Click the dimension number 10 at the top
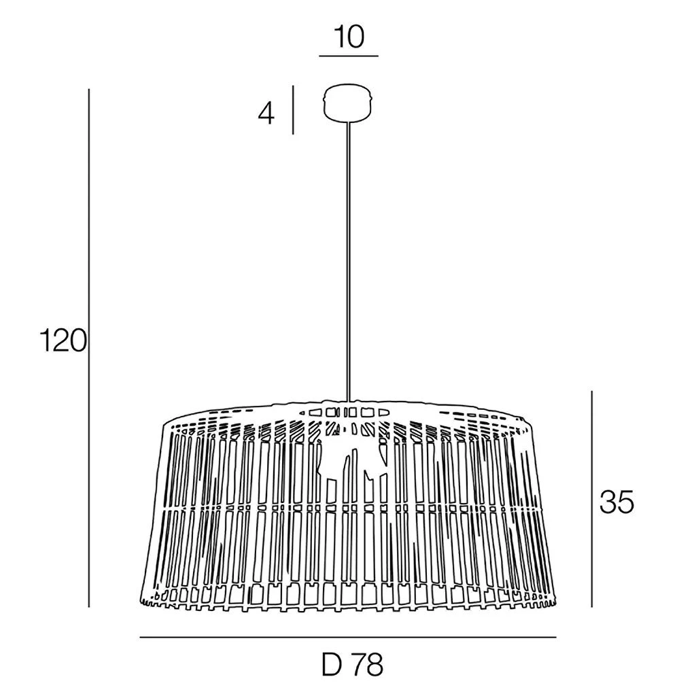pos(350,37)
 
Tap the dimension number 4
pos(266,114)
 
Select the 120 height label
pos(63,341)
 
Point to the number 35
pos(616,503)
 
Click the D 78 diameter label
pos(353,665)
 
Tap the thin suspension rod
pos(349,261)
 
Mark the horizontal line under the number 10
pos(349,56)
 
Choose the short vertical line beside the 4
pos(293,109)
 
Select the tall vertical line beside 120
pos(89,348)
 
